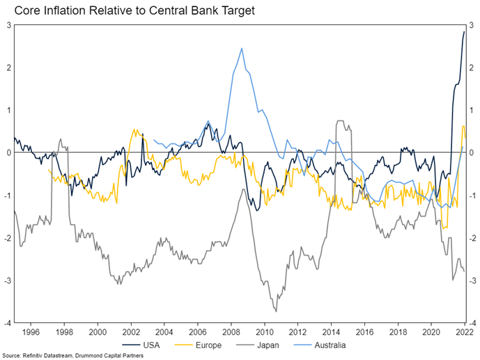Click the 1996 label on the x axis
31,332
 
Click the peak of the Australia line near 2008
241,48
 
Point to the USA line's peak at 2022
465,31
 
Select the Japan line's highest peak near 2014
340,120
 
